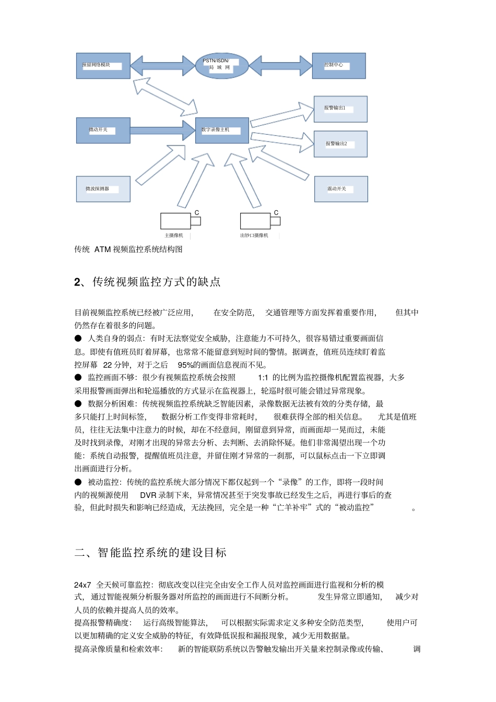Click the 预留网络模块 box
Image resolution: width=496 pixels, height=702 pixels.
(x=103, y=66)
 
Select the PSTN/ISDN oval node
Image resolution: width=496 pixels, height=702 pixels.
(x=221, y=65)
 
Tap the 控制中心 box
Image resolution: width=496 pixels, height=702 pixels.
(x=338, y=66)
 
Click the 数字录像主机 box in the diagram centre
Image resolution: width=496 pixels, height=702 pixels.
(x=222, y=130)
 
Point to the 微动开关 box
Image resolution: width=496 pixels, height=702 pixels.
(x=103, y=130)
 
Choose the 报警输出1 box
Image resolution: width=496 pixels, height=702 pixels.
(x=340, y=109)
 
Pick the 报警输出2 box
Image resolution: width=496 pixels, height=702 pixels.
(x=340, y=144)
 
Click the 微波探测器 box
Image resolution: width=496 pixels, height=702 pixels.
(x=103, y=189)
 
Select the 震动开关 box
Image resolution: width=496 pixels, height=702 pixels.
(x=341, y=189)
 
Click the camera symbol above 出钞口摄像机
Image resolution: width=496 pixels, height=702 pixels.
(x=259, y=221)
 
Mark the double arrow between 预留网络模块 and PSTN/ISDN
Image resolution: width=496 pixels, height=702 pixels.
(x=162, y=66)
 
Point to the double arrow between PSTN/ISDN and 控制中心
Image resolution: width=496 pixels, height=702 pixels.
(x=280, y=66)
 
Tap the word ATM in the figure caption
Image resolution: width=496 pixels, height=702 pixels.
(x=102, y=249)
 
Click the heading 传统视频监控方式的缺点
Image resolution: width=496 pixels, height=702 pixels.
(x=156, y=282)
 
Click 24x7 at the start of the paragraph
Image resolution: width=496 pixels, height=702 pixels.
(x=82, y=585)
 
